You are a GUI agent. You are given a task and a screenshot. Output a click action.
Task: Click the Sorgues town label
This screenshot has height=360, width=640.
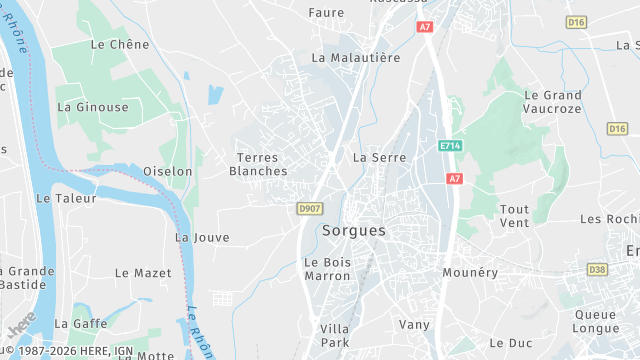354,230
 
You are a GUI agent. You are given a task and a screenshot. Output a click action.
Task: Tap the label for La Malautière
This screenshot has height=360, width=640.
356,58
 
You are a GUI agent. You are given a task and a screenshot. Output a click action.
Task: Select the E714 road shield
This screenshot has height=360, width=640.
451,146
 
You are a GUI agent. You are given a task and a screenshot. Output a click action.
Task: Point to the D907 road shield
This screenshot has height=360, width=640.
310,208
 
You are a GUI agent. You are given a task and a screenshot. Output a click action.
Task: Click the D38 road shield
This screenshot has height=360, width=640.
598,269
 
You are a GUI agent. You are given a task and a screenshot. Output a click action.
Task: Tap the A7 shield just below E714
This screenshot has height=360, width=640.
455,178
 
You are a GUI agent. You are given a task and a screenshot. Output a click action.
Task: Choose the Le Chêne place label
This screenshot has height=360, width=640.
119,44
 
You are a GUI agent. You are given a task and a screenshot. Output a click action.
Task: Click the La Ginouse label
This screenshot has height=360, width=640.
93,107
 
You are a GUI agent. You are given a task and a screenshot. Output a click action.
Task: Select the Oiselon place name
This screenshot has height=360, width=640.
167,172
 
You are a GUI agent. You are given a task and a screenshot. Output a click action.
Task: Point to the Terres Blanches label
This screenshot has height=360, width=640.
258,164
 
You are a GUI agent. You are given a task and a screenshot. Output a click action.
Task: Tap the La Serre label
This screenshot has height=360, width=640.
379,158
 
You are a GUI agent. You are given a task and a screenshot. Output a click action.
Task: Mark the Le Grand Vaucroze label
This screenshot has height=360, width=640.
552,101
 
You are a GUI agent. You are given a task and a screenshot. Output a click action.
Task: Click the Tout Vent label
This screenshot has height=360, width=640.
514,215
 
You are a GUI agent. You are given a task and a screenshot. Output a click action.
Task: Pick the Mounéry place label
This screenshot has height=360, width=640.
470,271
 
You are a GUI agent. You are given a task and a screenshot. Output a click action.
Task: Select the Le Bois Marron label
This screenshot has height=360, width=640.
328,268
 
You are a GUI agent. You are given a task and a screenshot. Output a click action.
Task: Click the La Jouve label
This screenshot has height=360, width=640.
202,238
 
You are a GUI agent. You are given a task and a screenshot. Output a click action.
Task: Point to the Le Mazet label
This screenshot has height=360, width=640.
136,272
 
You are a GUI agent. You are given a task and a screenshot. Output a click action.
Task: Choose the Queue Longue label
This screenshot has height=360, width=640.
595,320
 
